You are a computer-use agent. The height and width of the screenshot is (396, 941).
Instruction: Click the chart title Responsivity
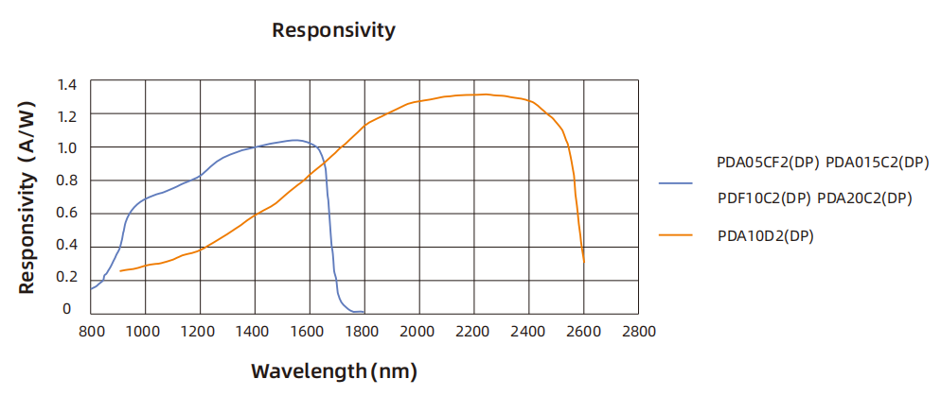click(x=333, y=30)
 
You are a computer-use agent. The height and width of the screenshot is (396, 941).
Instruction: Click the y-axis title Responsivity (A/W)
click(x=27, y=198)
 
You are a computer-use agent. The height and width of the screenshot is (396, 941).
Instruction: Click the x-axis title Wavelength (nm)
click(x=333, y=370)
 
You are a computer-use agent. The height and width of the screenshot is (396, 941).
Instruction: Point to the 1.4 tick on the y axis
click(x=66, y=84)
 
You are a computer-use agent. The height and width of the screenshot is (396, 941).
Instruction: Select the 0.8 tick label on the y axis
click(x=66, y=181)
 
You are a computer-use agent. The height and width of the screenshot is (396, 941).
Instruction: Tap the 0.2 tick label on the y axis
click(x=66, y=277)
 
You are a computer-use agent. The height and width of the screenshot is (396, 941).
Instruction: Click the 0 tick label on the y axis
click(x=66, y=309)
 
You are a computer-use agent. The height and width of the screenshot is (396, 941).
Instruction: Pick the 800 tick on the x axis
click(x=90, y=332)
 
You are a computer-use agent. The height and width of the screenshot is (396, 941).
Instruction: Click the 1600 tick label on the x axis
click(x=310, y=332)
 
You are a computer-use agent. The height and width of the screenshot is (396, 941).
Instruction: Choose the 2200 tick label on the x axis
click(x=474, y=332)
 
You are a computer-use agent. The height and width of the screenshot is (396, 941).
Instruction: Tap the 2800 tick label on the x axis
click(x=639, y=332)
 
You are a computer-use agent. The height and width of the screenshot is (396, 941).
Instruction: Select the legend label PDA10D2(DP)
click(x=766, y=235)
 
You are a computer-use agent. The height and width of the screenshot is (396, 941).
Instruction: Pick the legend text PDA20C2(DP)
click(x=864, y=198)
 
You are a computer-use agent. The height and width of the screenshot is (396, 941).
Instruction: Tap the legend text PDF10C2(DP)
click(x=764, y=198)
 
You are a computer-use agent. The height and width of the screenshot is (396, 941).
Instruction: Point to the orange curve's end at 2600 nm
click(x=584, y=262)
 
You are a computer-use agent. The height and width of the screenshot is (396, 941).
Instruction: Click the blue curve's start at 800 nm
click(x=91, y=287)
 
